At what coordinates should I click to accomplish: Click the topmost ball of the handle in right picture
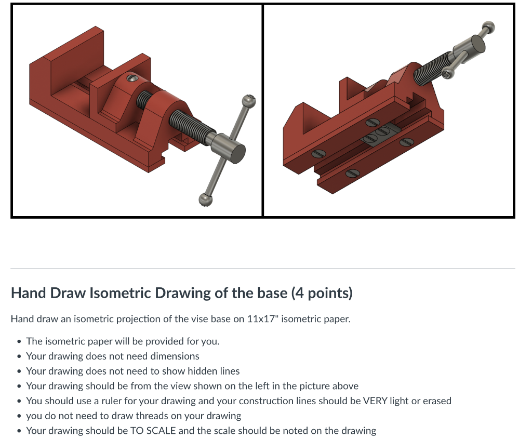tap(488, 26)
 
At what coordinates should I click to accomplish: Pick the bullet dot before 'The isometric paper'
tap(19, 342)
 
